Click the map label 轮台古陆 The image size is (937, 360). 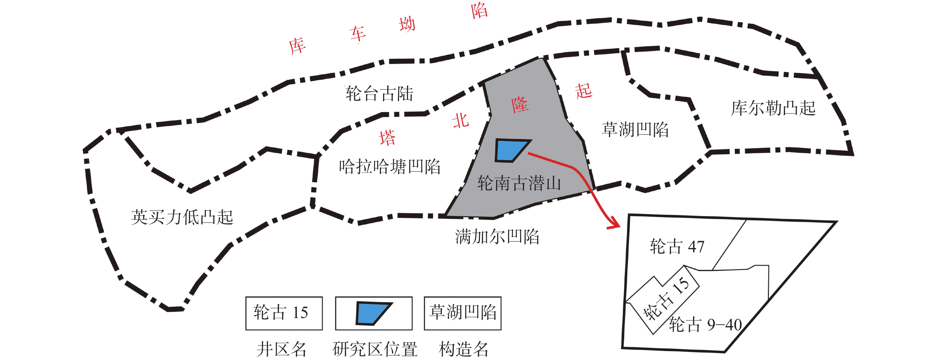[379, 94]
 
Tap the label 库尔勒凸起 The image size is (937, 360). [773, 108]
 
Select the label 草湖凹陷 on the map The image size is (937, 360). [635, 130]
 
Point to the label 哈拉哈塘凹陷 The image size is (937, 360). [390, 167]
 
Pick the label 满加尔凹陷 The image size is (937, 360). [497, 237]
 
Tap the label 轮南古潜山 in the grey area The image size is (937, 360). [519, 183]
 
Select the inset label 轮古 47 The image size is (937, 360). [677, 247]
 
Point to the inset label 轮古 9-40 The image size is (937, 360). [705, 324]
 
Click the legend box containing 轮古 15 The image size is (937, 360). [284, 313]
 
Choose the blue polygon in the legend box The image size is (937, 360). [372, 313]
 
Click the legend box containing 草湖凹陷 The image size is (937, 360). [462, 313]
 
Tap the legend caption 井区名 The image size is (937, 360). [281, 349]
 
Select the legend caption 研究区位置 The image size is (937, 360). [375, 349]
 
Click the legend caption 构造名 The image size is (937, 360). [463, 349]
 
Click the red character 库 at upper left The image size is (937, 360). [297, 46]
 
